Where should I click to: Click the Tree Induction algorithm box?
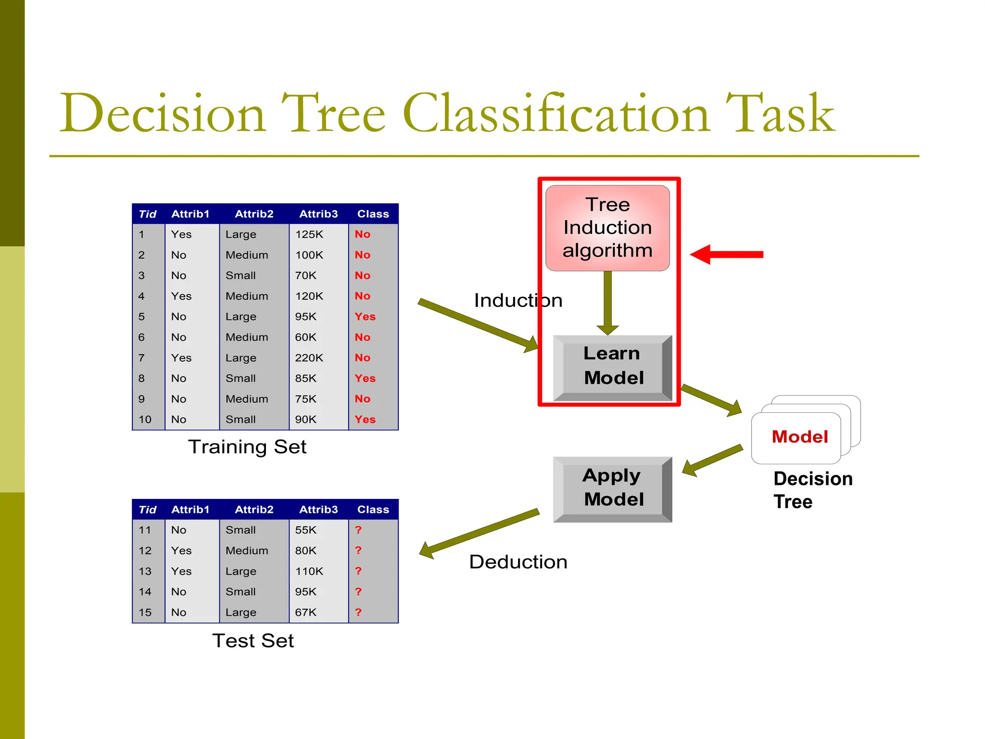607,228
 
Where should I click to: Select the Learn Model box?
612,367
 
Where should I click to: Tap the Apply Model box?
612,488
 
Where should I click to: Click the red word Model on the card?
800,437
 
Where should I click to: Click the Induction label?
518,301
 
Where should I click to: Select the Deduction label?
518,562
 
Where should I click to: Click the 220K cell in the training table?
309,358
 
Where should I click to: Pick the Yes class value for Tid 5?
365,317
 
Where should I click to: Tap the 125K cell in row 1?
309,234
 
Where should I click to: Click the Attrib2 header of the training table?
254,214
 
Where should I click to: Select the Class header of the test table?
373,510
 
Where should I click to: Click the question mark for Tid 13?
358,571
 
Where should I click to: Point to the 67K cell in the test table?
306,612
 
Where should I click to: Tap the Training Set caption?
247,447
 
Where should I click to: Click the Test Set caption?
253,641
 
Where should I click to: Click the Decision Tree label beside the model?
813,490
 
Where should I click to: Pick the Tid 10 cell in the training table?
145,420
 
